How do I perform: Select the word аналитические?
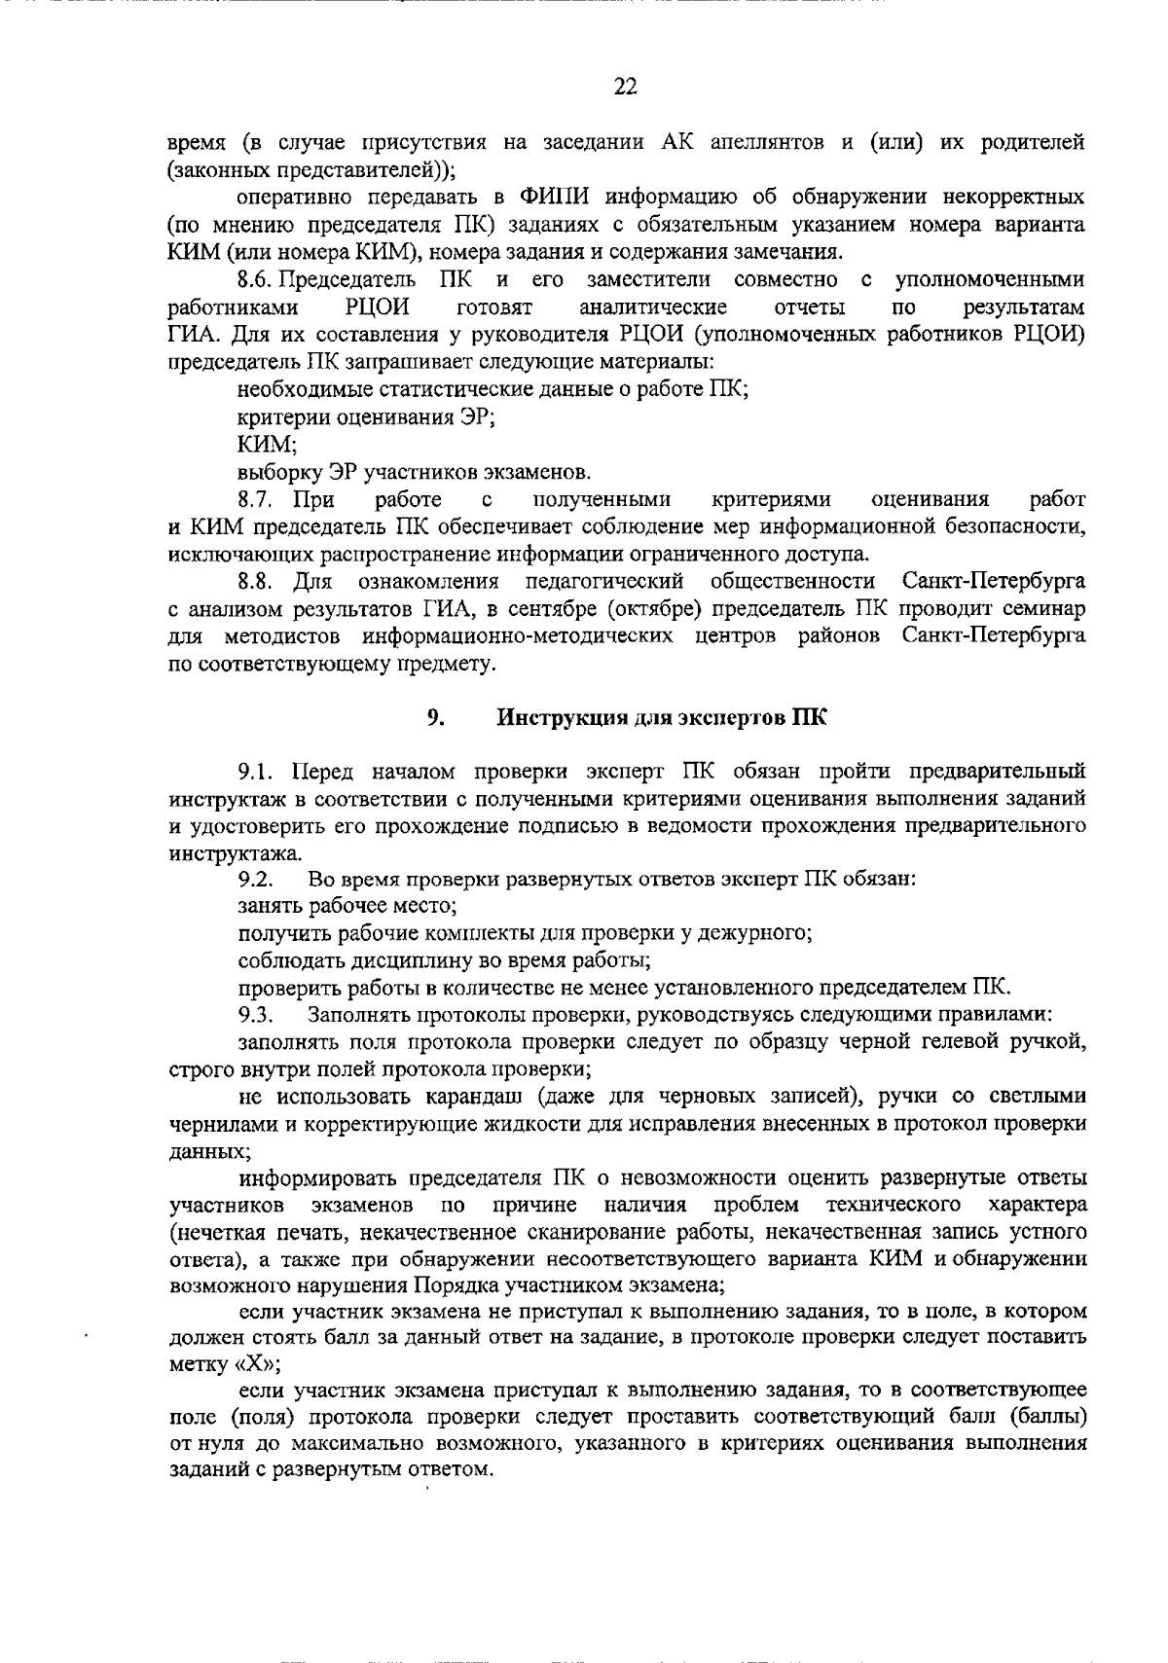[x=652, y=307]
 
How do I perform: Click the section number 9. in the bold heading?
[x=435, y=719]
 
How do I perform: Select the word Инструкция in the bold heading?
[x=563, y=719]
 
